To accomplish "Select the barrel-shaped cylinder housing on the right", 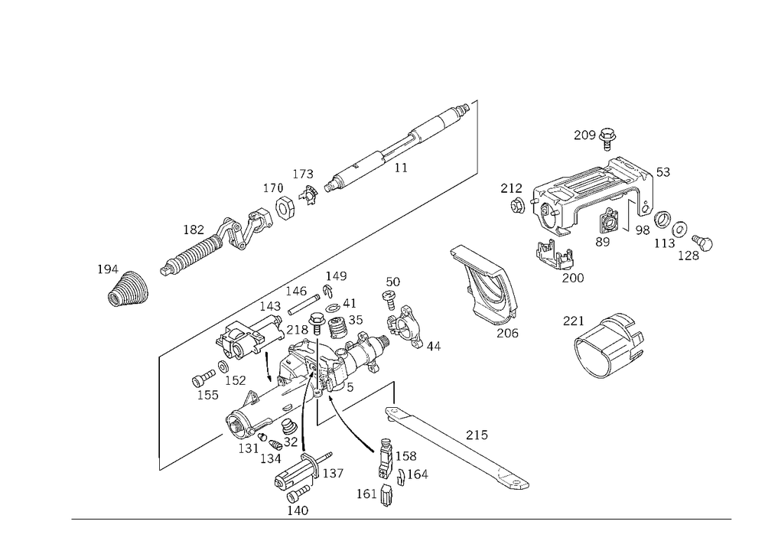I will (x=608, y=345).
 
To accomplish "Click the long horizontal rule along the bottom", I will (x=402, y=518).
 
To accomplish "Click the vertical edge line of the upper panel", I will (x=480, y=138).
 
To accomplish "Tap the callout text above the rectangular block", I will (x=595, y=135).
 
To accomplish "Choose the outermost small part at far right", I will (x=702, y=245).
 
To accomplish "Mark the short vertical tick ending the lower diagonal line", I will (x=159, y=464).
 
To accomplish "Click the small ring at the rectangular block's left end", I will (x=517, y=204).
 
